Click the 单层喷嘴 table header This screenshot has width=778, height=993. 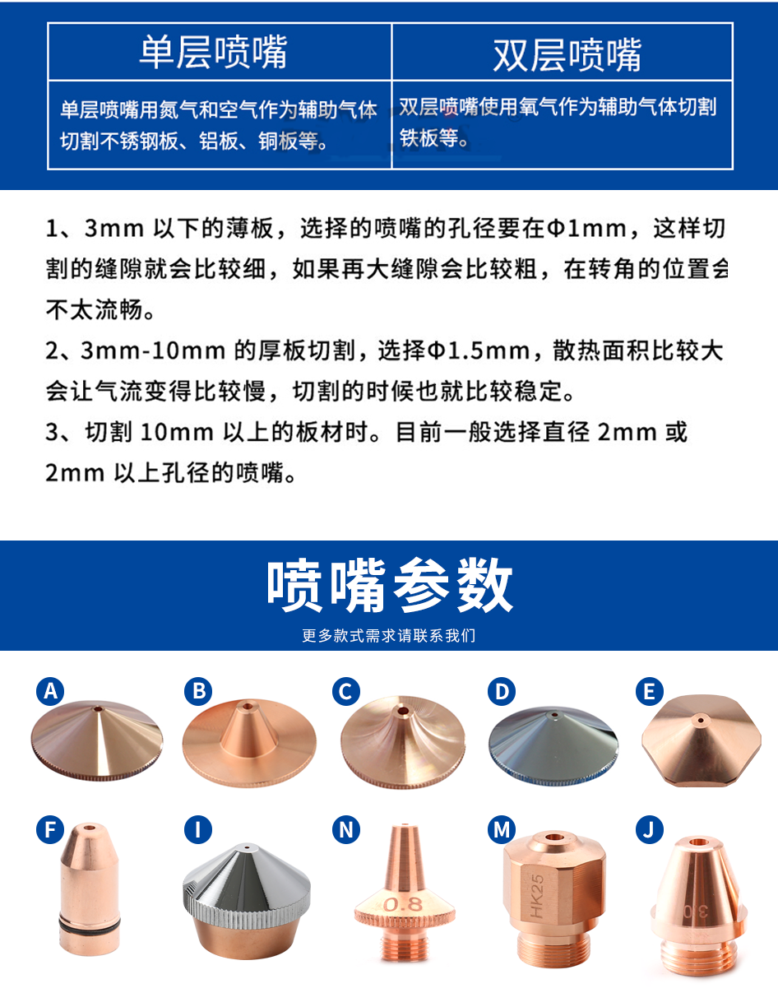213,53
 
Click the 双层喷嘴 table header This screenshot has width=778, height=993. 567,55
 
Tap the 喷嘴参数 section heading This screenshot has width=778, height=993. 390,586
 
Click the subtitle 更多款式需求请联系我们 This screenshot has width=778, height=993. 389,636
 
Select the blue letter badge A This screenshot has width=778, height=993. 50,691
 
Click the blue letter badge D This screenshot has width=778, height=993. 501,691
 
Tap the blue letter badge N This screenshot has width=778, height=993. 346,830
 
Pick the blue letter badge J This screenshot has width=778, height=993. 649,830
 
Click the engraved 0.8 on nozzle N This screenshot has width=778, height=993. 403,904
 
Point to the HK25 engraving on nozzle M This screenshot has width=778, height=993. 537,897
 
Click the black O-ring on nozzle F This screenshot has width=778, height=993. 90,923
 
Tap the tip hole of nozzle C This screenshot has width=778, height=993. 403,711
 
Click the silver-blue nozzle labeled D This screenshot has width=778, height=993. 553,746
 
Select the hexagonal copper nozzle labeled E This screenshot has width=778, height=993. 702,740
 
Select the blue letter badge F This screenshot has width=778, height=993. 50,830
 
